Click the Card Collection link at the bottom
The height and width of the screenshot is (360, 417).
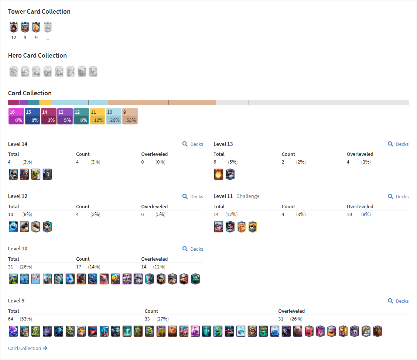(28, 348)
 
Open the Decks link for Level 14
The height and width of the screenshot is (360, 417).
(193, 144)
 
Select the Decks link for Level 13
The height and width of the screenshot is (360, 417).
(398, 144)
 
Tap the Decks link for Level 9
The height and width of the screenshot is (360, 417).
(398, 301)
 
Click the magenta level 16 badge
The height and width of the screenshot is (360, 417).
(16, 116)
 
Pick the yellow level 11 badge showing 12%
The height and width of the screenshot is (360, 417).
(98, 116)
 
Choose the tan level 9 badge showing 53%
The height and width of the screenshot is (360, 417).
(130, 116)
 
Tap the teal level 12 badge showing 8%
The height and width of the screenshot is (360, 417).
(81, 116)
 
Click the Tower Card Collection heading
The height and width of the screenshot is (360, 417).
(40, 11)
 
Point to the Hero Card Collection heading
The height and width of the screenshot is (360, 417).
(38, 55)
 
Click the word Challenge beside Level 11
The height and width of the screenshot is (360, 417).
(248, 196)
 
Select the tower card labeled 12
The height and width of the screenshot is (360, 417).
(14, 27)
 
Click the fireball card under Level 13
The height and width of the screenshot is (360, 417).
(219, 174)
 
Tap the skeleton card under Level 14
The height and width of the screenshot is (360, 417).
(13, 174)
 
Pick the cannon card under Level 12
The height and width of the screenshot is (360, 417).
(24, 227)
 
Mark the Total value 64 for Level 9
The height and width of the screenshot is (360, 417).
(11, 319)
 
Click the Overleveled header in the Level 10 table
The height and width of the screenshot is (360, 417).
(154, 259)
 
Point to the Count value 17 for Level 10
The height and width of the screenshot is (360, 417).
(79, 267)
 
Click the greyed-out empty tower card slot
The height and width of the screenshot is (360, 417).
(48, 27)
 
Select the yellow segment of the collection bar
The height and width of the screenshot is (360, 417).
(46, 102)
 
